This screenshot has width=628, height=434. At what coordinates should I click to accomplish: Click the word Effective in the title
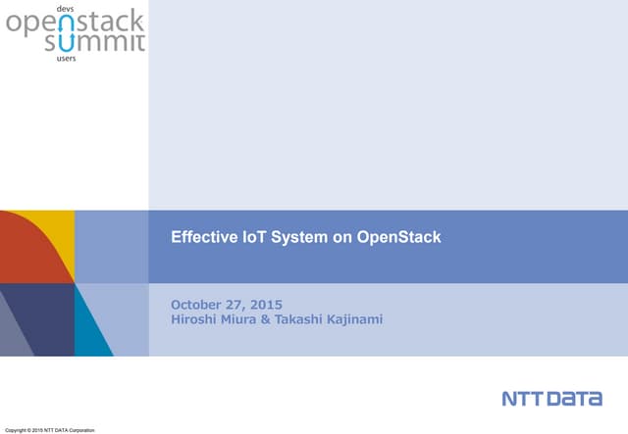pos(200,236)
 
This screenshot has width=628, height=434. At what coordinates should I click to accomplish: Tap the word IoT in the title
pos(242,236)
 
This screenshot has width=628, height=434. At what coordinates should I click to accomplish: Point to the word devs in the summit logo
pos(66,8)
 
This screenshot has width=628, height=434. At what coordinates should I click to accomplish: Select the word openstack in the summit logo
pos(75,24)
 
